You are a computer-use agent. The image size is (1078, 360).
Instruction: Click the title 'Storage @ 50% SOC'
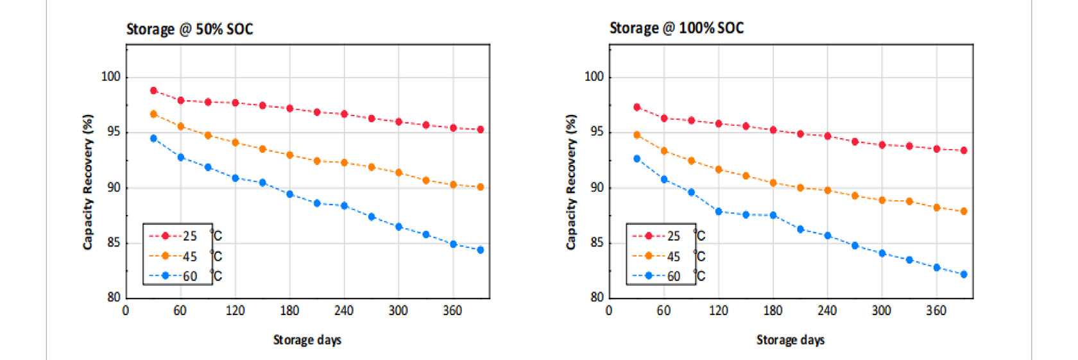point(189,30)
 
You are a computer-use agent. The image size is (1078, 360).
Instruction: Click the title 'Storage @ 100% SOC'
point(676,28)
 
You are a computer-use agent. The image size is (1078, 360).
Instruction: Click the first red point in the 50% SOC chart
point(153,90)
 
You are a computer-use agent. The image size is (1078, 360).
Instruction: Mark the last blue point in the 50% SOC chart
point(481,250)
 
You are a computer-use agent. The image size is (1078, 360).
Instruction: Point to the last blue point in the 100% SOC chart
point(964,274)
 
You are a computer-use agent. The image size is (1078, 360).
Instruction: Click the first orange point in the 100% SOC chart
point(637,135)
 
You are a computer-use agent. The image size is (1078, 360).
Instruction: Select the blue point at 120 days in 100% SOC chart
point(719,211)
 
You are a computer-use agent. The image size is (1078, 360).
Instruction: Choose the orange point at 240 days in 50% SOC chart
point(345,162)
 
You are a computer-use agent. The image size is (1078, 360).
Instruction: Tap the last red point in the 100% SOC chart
point(964,150)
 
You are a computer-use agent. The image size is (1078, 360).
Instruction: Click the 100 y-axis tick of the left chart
point(111,76)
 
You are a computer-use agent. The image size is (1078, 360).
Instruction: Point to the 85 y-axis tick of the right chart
point(597,243)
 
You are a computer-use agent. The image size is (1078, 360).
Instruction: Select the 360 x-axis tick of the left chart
point(452,311)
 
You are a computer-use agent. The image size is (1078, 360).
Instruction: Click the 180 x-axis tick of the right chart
point(773,311)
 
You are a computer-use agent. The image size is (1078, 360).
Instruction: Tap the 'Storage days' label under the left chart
point(307,339)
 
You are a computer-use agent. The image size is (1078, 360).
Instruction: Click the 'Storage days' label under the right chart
point(791,339)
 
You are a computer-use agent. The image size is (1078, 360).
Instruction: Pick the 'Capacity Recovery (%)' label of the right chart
point(570,182)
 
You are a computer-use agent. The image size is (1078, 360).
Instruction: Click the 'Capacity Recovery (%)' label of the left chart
point(87,182)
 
